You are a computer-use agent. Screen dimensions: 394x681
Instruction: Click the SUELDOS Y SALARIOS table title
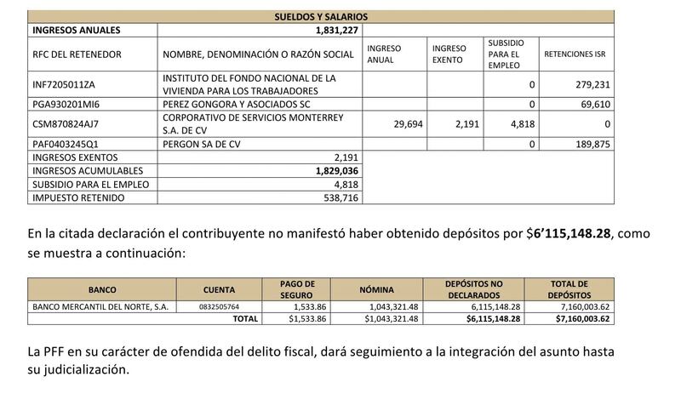[x=321, y=16]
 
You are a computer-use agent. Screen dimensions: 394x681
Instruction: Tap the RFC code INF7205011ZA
[x=65, y=85]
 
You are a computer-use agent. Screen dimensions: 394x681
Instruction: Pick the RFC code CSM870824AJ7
[x=65, y=123]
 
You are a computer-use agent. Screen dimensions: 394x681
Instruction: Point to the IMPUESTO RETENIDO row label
[x=77, y=197]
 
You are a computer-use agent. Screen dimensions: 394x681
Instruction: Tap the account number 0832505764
[x=220, y=306]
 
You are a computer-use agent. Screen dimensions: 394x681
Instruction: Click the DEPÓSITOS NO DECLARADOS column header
[x=474, y=288]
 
